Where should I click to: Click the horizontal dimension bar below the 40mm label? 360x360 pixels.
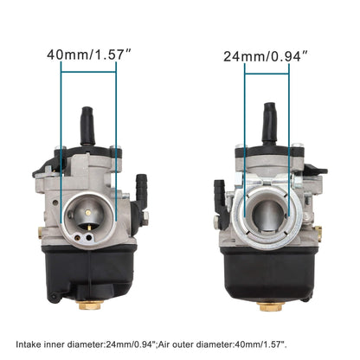(88, 72)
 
